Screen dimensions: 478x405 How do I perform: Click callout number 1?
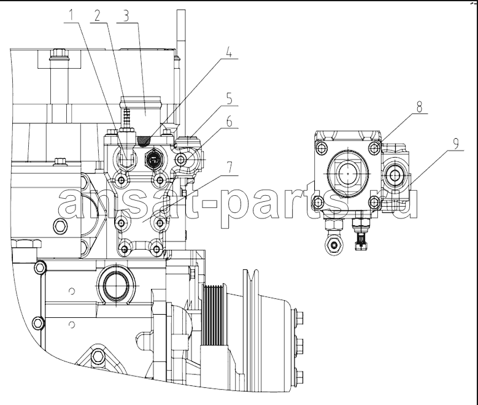pyautogui.click(x=71, y=15)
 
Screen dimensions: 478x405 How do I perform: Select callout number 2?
pyautogui.click(x=97, y=16)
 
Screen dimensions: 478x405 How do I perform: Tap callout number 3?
pyautogui.click(x=126, y=16)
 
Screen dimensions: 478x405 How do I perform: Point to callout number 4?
pyautogui.click(x=229, y=52)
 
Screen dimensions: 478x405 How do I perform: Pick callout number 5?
pyautogui.click(x=229, y=99)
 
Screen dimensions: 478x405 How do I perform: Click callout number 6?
pyautogui.click(x=229, y=121)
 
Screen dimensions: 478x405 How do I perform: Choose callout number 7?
pyautogui.click(x=229, y=168)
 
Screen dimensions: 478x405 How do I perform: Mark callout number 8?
pyautogui.click(x=419, y=107)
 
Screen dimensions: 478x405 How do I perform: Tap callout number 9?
pyautogui.click(x=455, y=144)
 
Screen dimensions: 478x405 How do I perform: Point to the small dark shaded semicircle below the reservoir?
pyautogui.click(x=144, y=141)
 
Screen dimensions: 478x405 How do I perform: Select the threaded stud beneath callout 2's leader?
pyautogui.click(x=126, y=117)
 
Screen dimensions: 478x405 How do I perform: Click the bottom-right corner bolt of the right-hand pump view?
pyautogui.click(x=375, y=202)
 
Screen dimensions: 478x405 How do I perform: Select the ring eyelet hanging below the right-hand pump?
pyautogui.click(x=334, y=245)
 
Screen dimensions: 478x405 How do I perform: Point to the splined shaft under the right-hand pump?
pyautogui.click(x=361, y=241)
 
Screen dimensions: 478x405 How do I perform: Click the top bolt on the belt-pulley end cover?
pyautogui.click(x=299, y=318)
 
